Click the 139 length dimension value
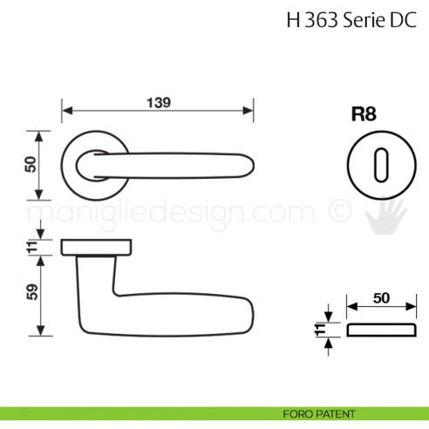156,102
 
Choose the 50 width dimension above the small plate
380,298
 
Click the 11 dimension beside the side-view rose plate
31,248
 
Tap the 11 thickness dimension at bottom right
320,330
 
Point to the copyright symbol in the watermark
337,212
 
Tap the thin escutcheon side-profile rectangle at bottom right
380,330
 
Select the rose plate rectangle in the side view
97,248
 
